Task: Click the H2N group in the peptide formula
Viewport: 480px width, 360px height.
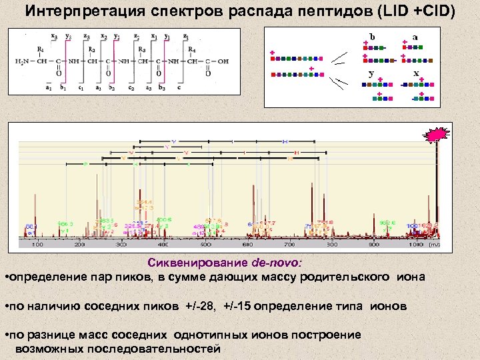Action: tap(22, 62)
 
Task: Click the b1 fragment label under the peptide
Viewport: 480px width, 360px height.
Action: tap(64, 87)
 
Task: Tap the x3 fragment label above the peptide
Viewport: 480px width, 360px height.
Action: tap(55, 37)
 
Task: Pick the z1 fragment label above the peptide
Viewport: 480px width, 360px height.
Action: tap(185, 37)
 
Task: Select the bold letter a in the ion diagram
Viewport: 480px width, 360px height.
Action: tap(415, 37)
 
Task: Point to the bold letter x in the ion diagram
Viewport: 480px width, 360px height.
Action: tap(416, 73)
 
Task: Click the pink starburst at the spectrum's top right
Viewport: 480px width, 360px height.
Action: tap(435, 135)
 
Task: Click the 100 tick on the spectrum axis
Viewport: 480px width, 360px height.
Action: tap(37, 245)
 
